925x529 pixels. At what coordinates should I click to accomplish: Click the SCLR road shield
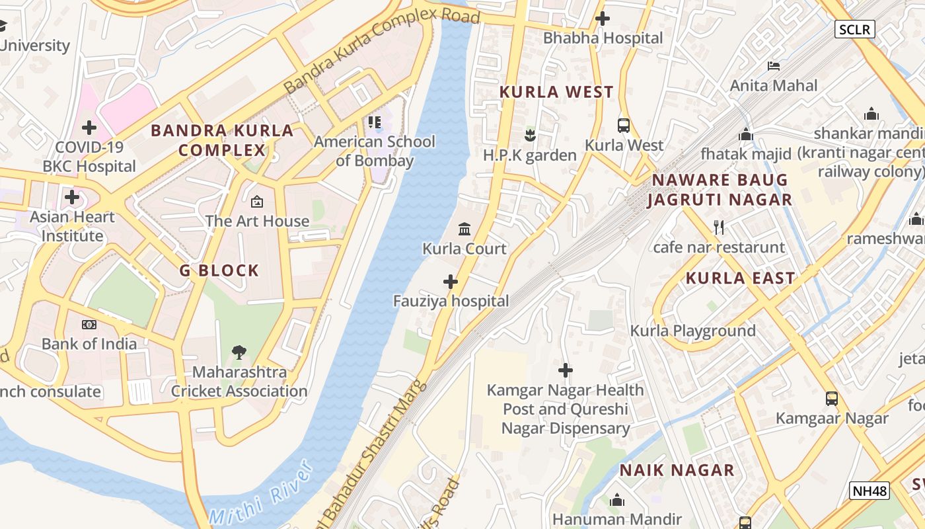tap(854, 29)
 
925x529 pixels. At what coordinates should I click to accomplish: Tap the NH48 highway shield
tap(869, 491)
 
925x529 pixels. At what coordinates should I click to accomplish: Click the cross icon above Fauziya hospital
tap(451, 282)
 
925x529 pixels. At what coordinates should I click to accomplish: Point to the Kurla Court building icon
tap(464, 229)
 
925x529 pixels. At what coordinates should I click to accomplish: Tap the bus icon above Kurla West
tap(623, 125)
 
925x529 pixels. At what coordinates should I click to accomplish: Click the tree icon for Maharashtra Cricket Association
tap(239, 352)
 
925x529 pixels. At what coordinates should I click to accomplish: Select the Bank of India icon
tap(89, 324)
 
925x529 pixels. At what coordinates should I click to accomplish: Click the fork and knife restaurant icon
tap(719, 227)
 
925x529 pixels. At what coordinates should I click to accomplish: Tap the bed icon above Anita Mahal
tap(774, 65)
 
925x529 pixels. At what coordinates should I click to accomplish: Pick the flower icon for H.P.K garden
tap(529, 136)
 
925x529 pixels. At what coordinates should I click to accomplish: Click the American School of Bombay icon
tap(375, 122)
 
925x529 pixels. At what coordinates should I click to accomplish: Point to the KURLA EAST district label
tap(740, 278)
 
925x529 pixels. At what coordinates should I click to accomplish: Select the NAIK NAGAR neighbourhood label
tap(677, 470)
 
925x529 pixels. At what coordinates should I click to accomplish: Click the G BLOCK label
tap(219, 270)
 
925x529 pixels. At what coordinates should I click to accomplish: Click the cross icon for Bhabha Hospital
tap(602, 19)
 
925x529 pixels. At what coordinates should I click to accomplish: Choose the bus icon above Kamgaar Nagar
tap(832, 399)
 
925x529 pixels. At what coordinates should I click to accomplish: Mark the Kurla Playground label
tap(692, 331)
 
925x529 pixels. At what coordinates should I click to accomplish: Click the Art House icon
tap(257, 201)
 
